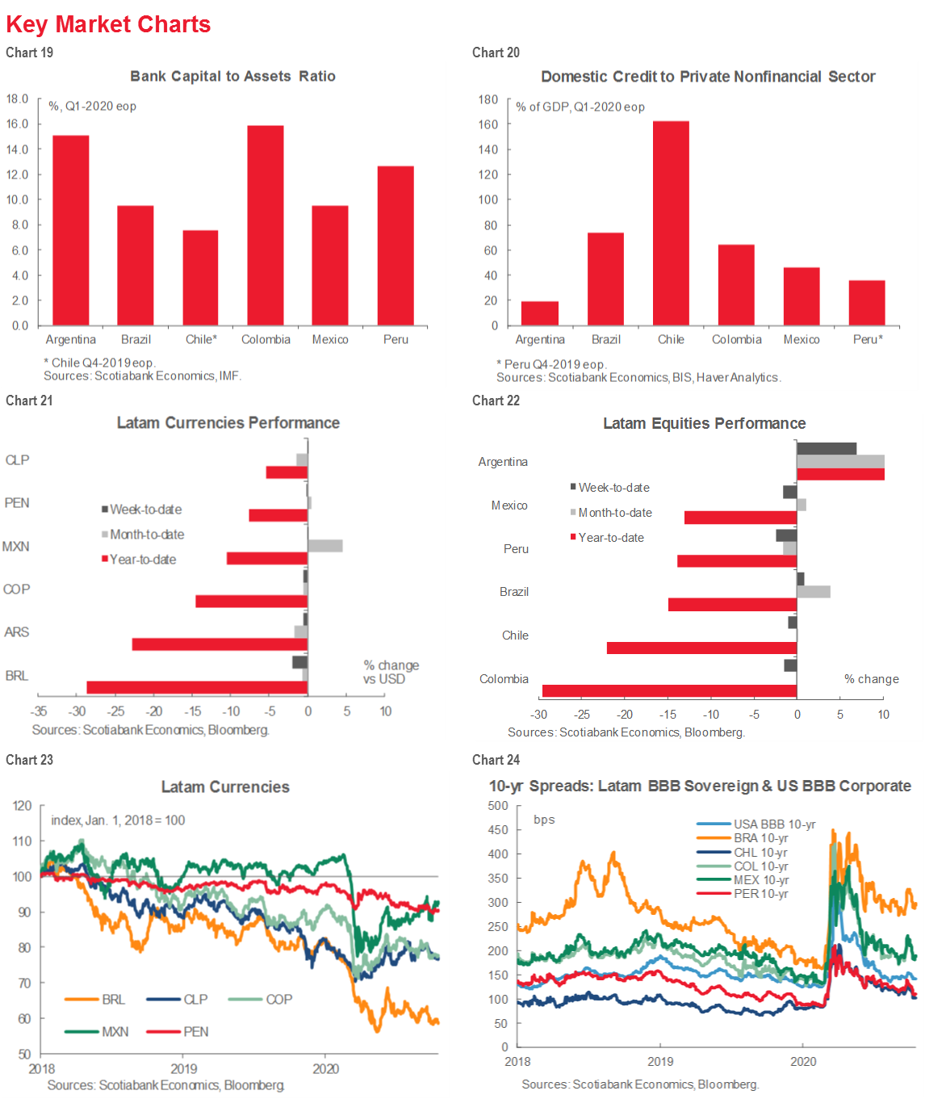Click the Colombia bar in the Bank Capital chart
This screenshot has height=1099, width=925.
[266, 225]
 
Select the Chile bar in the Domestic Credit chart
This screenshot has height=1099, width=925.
[671, 224]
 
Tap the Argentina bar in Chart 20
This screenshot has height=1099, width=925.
[540, 313]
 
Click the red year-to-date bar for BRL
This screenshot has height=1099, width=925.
[197, 687]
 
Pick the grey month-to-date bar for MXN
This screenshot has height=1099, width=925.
[325, 546]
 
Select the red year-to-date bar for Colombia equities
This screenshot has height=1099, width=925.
[669, 690]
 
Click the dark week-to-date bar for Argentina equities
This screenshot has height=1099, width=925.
[827, 449]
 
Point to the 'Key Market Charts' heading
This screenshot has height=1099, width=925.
[108, 24]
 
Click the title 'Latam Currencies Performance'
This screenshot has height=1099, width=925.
[228, 423]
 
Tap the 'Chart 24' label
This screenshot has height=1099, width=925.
[496, 760]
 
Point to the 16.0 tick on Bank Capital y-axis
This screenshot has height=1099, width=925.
[17, 124]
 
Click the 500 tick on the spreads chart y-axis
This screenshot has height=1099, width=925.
[498, 806]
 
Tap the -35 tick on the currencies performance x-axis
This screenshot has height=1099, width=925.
[38, 711]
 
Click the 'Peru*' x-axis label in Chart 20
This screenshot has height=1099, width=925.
[868, 339]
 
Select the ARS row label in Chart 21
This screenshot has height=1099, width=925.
[17, 632]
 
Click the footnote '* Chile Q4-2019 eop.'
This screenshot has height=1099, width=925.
[99, 363]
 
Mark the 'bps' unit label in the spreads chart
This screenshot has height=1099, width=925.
[544, 820]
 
